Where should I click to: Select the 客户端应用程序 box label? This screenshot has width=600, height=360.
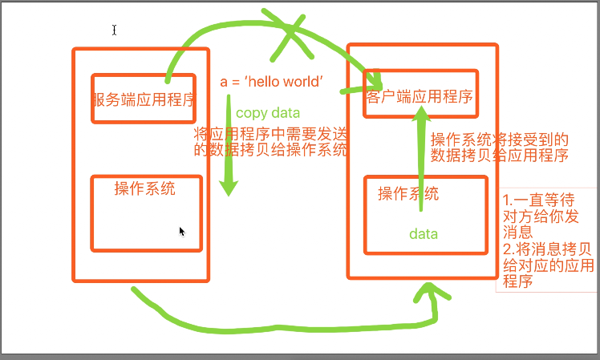[418, 96]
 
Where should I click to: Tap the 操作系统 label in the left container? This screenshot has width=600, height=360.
[144, 189]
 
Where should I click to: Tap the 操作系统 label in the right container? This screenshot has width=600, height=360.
[408, 193]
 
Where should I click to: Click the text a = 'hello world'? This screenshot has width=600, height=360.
[271, 82]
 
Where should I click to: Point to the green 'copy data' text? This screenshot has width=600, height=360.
[268, 113]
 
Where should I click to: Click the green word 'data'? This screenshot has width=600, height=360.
[424, 234]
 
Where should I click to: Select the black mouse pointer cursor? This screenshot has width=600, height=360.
[182, 232]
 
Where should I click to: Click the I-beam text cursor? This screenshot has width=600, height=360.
[115, 30]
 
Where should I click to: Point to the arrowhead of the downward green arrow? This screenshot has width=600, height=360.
[229, 188]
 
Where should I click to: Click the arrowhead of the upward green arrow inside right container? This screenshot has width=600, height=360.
[422, 118]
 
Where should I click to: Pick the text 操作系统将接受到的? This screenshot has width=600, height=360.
[500, 139]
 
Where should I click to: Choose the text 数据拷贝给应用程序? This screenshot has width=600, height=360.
[500, 155]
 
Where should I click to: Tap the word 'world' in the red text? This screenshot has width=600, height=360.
[298, 82]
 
